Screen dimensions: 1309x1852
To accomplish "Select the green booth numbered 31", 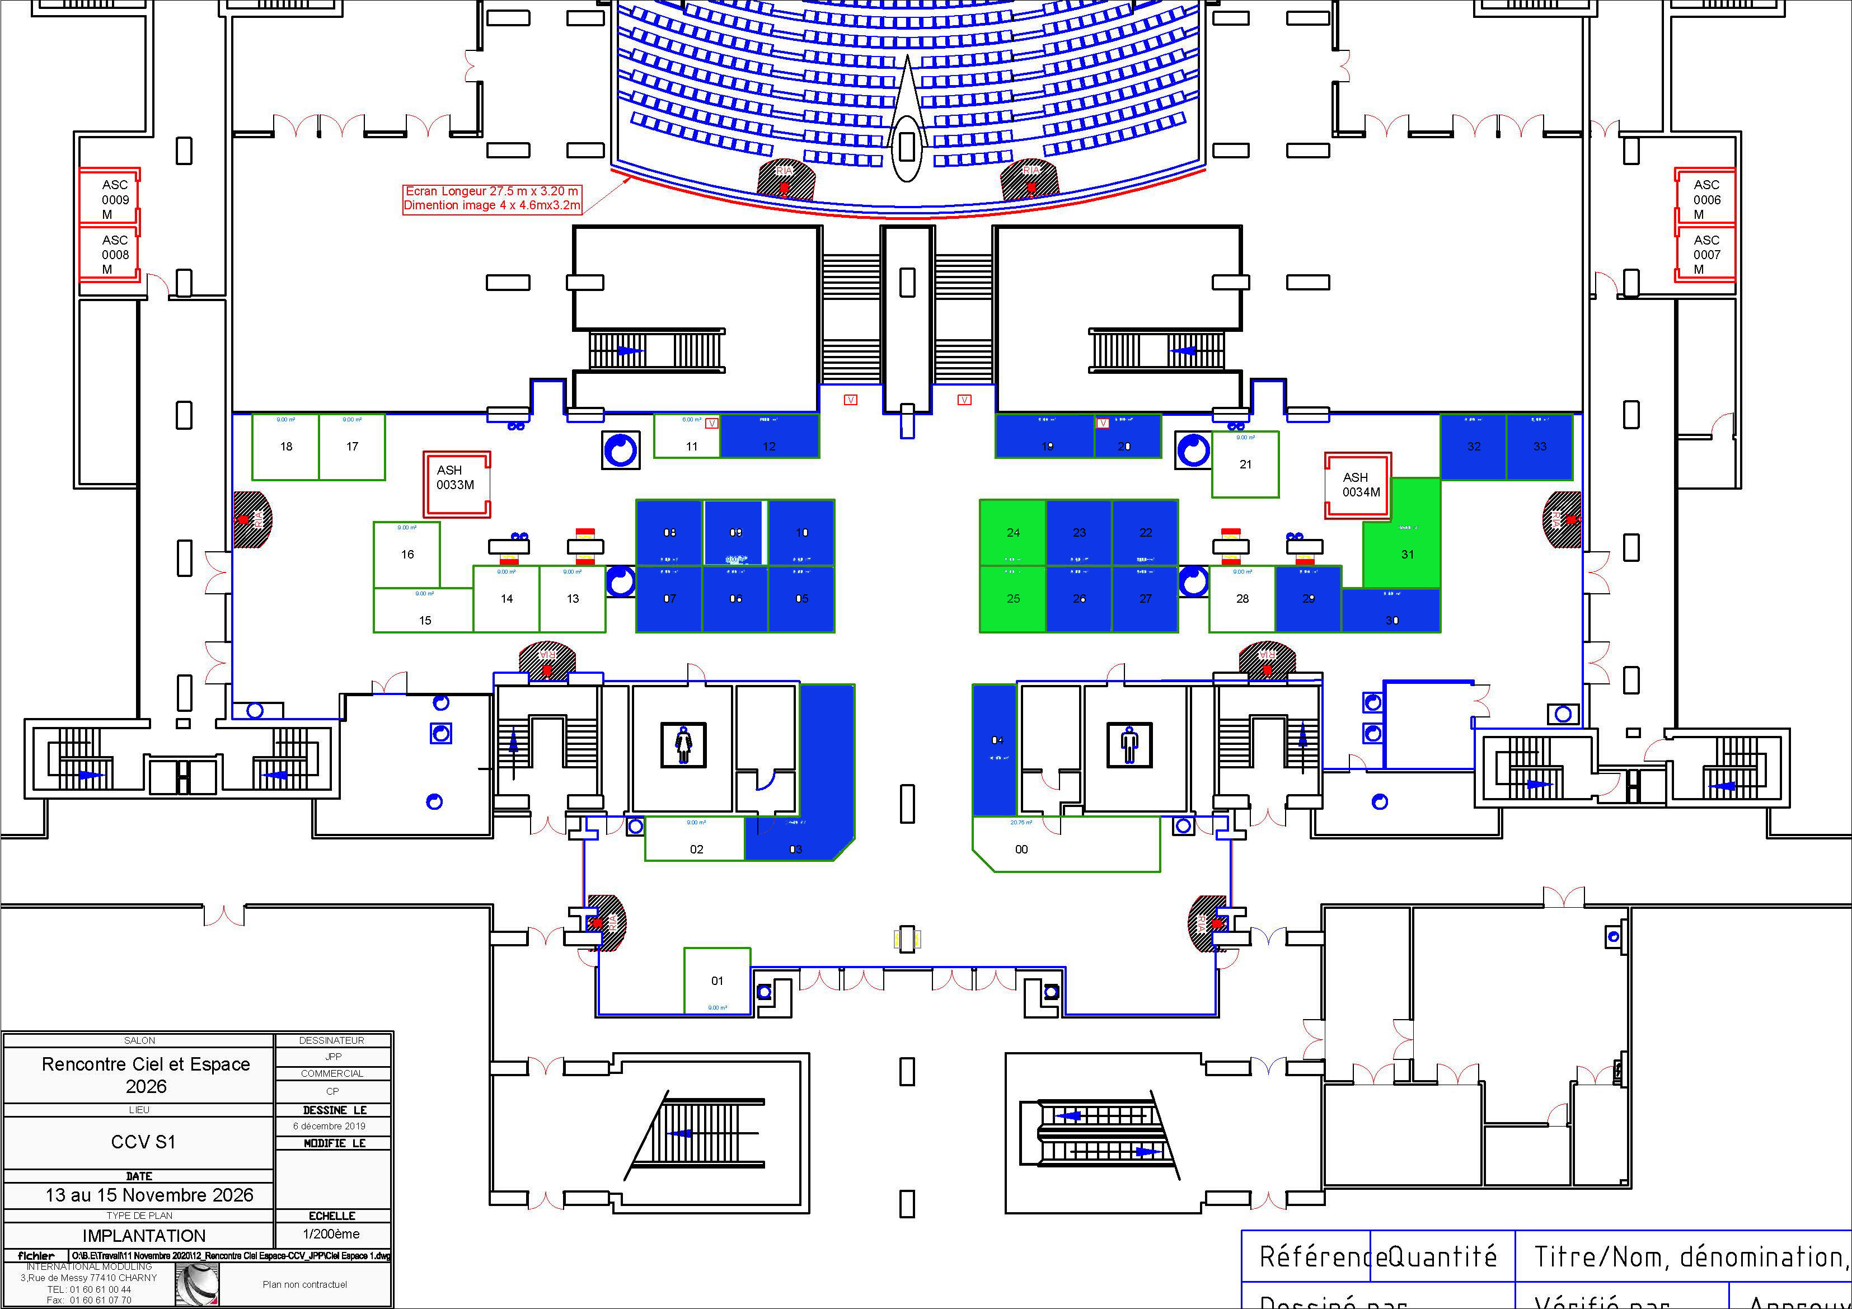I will pos(1406,553).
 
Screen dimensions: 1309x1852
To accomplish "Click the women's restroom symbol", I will pos(683,744).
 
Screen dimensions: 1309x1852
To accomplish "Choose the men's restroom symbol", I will pos(1129,744).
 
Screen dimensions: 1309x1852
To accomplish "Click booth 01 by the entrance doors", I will pos(717,980).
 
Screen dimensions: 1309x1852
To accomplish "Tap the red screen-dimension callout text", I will pos(492,199).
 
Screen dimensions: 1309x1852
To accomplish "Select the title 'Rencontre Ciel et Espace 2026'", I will pos(146,1075).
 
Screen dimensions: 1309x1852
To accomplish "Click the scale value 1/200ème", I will pos(331,1234).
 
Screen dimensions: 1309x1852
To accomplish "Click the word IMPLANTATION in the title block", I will pos(144,1236).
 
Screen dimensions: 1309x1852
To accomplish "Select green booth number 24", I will pos(1013,532).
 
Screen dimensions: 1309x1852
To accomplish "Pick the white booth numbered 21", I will pos(1245,465).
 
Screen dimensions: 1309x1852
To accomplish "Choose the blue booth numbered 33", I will pos(1539,447).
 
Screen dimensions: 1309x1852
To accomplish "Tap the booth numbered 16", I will pos(407,554).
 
